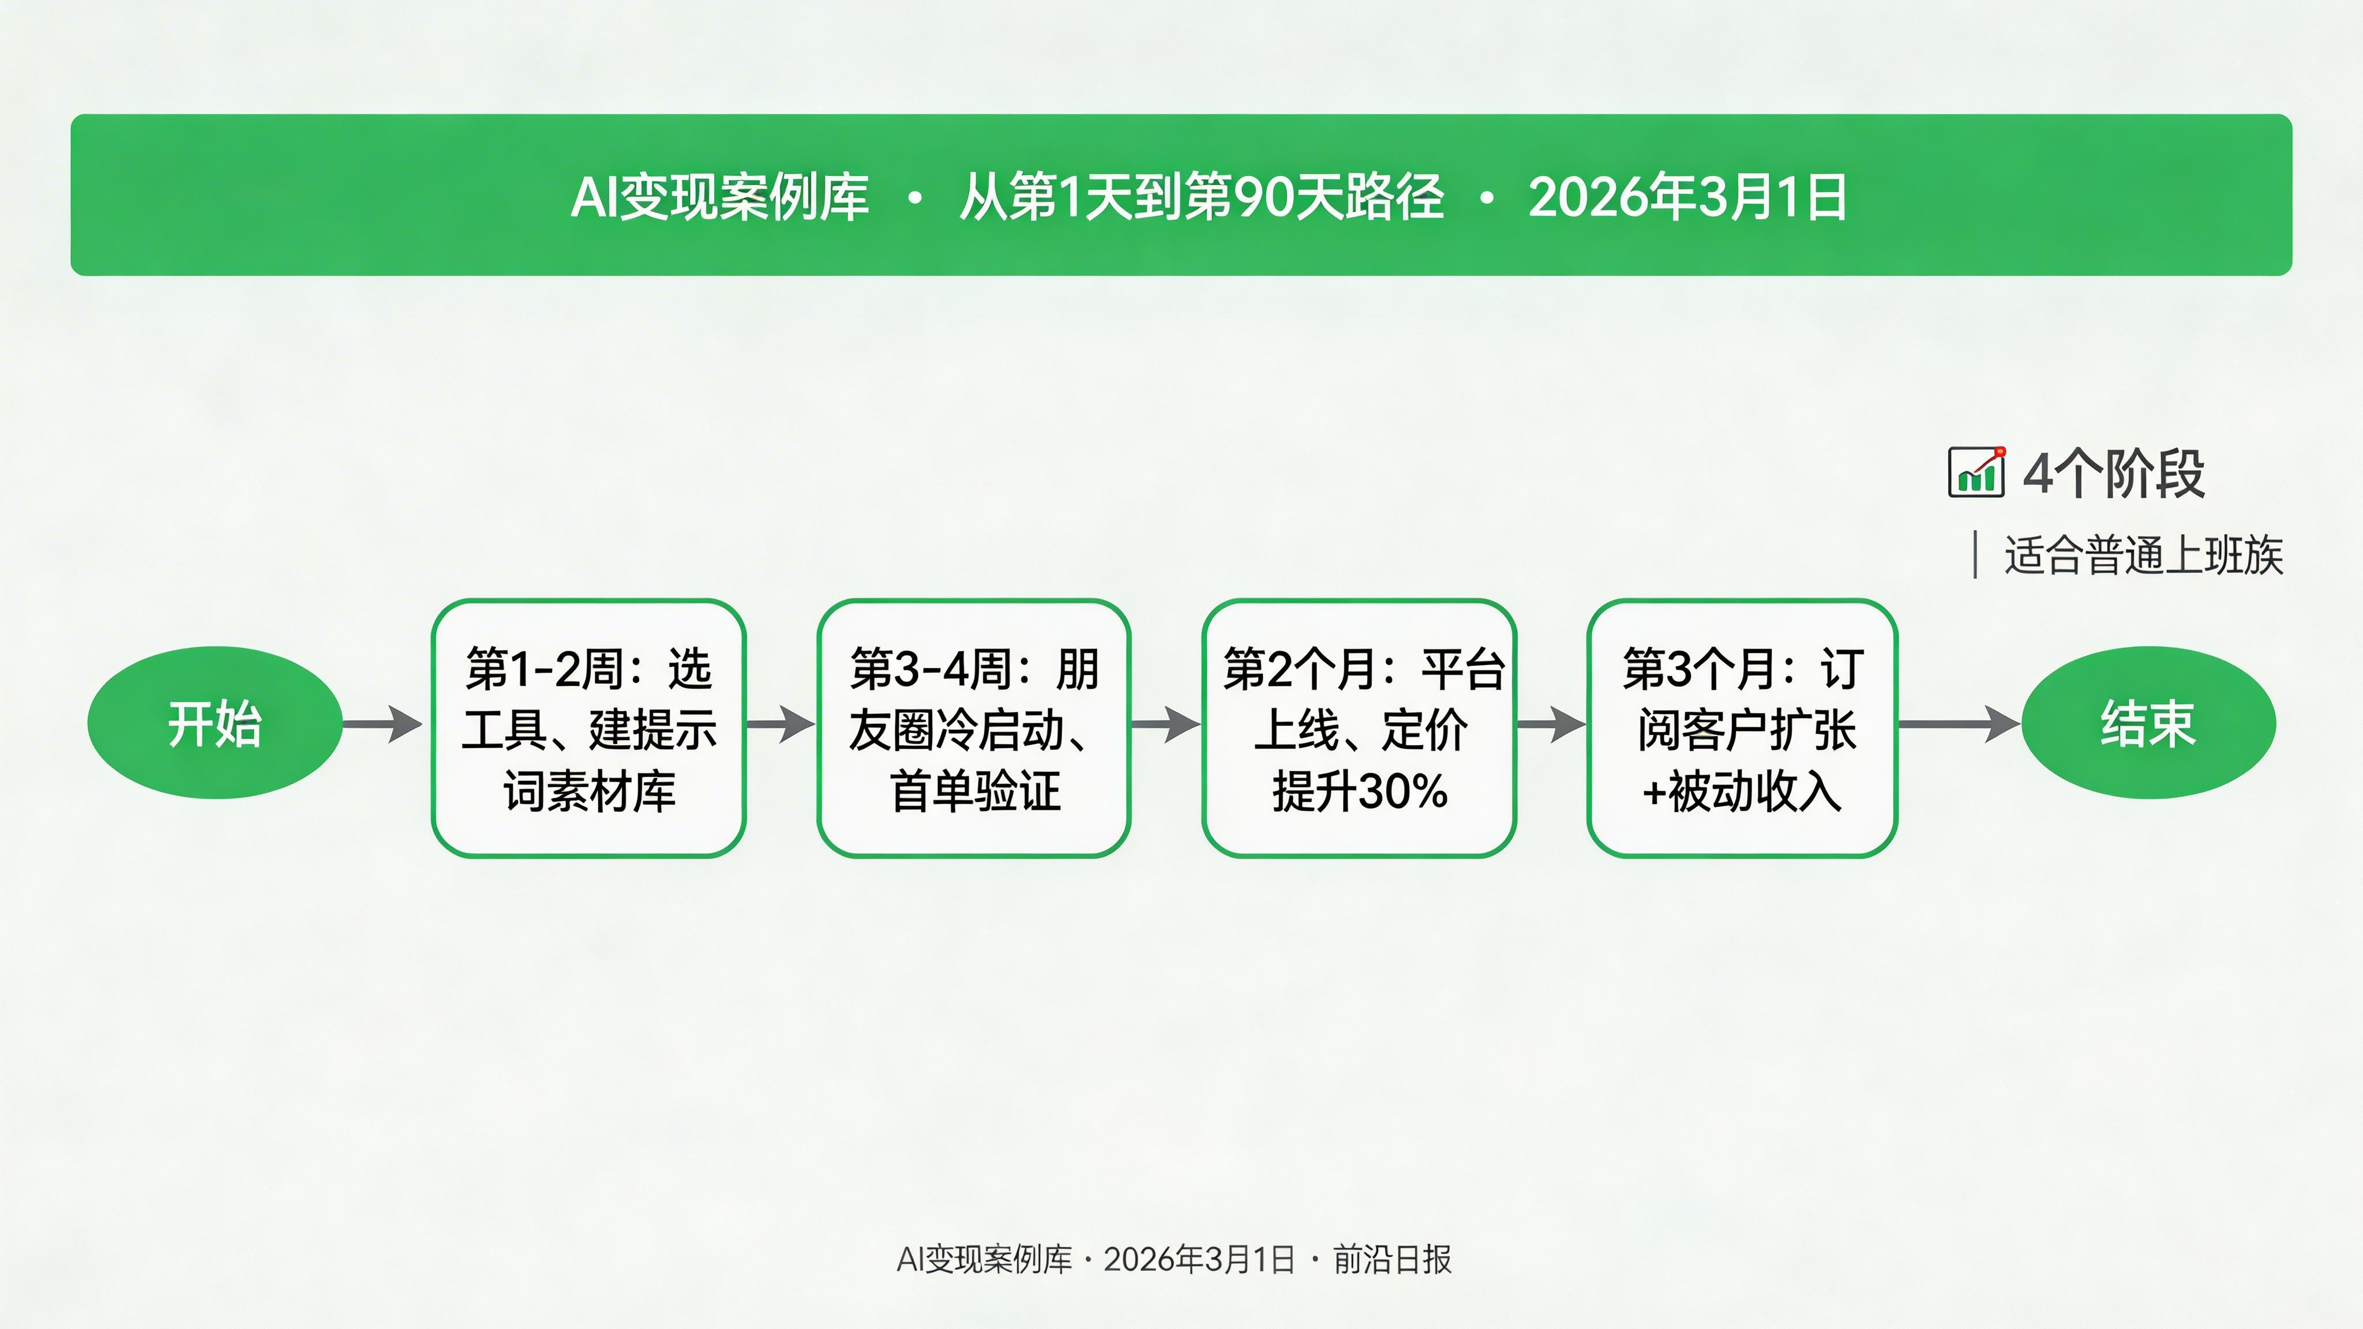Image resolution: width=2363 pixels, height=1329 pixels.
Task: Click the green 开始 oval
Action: coord(215,724)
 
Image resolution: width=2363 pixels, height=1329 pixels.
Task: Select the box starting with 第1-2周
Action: coord(588,729)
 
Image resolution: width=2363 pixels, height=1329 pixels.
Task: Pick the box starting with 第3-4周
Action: coord(973,729)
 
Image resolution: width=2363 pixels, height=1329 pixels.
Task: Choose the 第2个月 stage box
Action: coord(1359,729)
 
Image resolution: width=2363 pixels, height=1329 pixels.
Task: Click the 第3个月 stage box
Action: coord(1742,729)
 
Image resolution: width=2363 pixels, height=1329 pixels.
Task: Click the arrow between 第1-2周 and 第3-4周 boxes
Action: coord(780,724)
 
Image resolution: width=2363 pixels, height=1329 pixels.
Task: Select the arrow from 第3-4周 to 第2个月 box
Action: coord(1165,724)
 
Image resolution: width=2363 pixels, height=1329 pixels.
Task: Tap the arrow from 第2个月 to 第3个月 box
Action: coord(1550,724)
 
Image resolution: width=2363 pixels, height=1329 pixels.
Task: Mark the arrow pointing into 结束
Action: coord(1959,724)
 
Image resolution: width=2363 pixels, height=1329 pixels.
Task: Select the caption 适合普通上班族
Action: coord(2143,555)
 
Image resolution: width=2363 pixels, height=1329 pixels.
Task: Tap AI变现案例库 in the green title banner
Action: coord(720,197)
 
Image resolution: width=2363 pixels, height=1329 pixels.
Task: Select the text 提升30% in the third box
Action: coord(1359,791)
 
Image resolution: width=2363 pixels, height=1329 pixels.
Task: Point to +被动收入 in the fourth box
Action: coord(1742,791)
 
